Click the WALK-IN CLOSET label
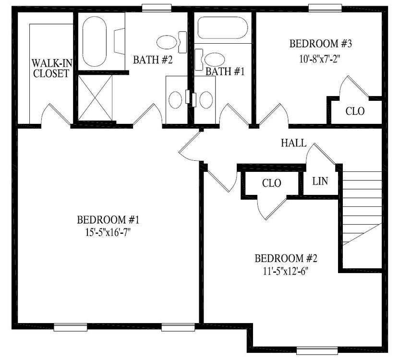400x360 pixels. tap(52, 68)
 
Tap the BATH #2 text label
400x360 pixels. tap(153, 60)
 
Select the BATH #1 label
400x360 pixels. tap(225, 72)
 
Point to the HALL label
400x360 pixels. tap(293, 143)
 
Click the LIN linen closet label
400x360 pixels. tap(320, 181)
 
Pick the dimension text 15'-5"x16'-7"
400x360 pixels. tap(108, 232)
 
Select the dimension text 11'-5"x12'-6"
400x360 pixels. tap(286, 271)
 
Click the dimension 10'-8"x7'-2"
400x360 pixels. tap(320, 60)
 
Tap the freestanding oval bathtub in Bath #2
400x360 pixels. tap(95, 41)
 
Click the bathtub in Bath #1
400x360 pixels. tap(223, 28)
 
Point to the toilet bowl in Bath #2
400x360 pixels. tap(167, 42)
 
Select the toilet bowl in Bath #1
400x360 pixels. tap(215, 60)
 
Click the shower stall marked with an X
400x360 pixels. tap(95, 97)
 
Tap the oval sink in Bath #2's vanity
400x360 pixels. tap(176, 99)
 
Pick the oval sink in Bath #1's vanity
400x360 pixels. tap(206, 100)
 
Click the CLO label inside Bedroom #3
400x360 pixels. tap(355, 111)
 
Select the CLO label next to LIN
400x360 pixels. tap(271, 183)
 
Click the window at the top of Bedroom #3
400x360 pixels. tap(325, 8)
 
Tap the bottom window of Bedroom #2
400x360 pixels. tap(317, 350)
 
